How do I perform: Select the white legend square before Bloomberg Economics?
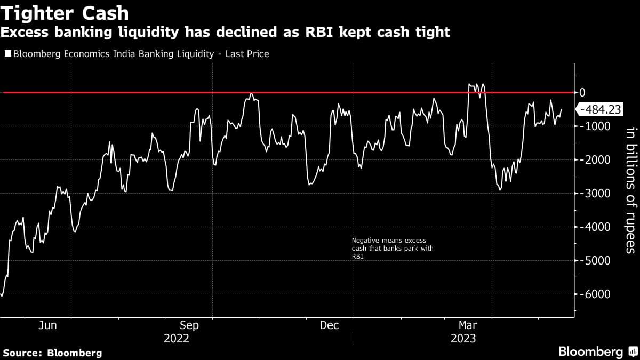coord(7,54)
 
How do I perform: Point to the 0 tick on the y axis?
coord(582,92)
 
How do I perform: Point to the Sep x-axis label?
coord(189,325)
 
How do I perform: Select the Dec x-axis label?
coord(329,325)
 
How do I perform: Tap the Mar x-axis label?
coord(468,325)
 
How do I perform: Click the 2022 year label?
coord(176,339)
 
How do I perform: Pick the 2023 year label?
coord(463,339)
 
